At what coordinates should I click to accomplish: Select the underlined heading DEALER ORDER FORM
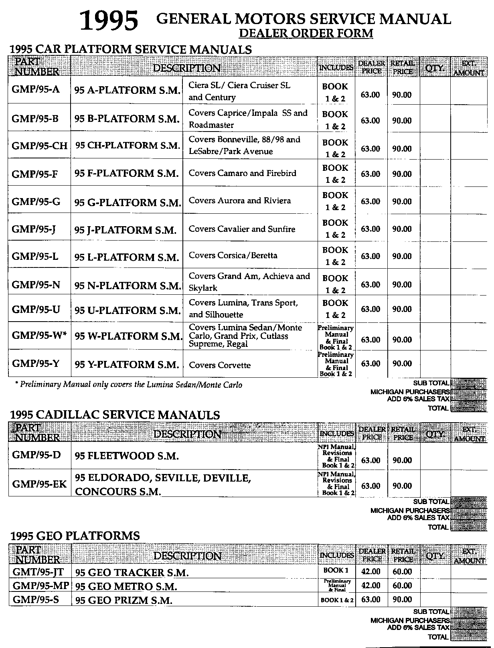tap(306, 33)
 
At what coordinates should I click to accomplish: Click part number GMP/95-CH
tap(39, 145)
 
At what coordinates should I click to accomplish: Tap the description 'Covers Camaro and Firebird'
tap(242, 173)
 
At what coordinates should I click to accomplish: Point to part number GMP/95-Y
tap(36, 364)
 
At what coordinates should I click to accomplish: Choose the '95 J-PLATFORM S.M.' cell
tap(126, 230)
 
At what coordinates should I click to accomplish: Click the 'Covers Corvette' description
tap(219, 365)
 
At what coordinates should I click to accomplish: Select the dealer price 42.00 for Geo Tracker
tap(370, 572)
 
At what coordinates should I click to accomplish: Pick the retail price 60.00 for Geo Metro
tap(402, 585)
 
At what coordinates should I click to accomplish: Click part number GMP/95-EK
tap(39, 484)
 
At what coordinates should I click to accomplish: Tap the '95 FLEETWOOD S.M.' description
tap(127, 456)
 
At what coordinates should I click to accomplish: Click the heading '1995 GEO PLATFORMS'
tap(75, 536)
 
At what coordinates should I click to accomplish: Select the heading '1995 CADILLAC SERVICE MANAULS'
tap(115, 415)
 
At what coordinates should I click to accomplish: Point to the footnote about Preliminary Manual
tap(128, 385)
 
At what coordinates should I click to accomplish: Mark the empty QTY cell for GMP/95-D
tap(435, 456)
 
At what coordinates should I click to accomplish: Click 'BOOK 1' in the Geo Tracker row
tap(336, 571)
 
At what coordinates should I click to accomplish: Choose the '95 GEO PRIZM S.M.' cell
tap(124, 600)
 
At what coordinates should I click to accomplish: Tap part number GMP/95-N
tap(36, 285)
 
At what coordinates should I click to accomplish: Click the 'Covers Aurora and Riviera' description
tap(239, 200)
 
